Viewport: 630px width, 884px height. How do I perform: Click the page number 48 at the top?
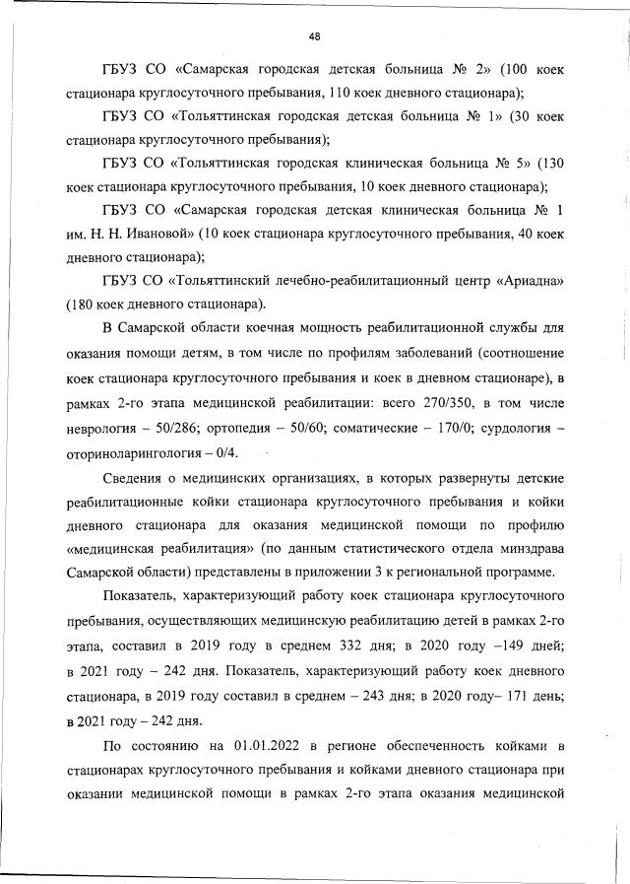click(x=315, y=36)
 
